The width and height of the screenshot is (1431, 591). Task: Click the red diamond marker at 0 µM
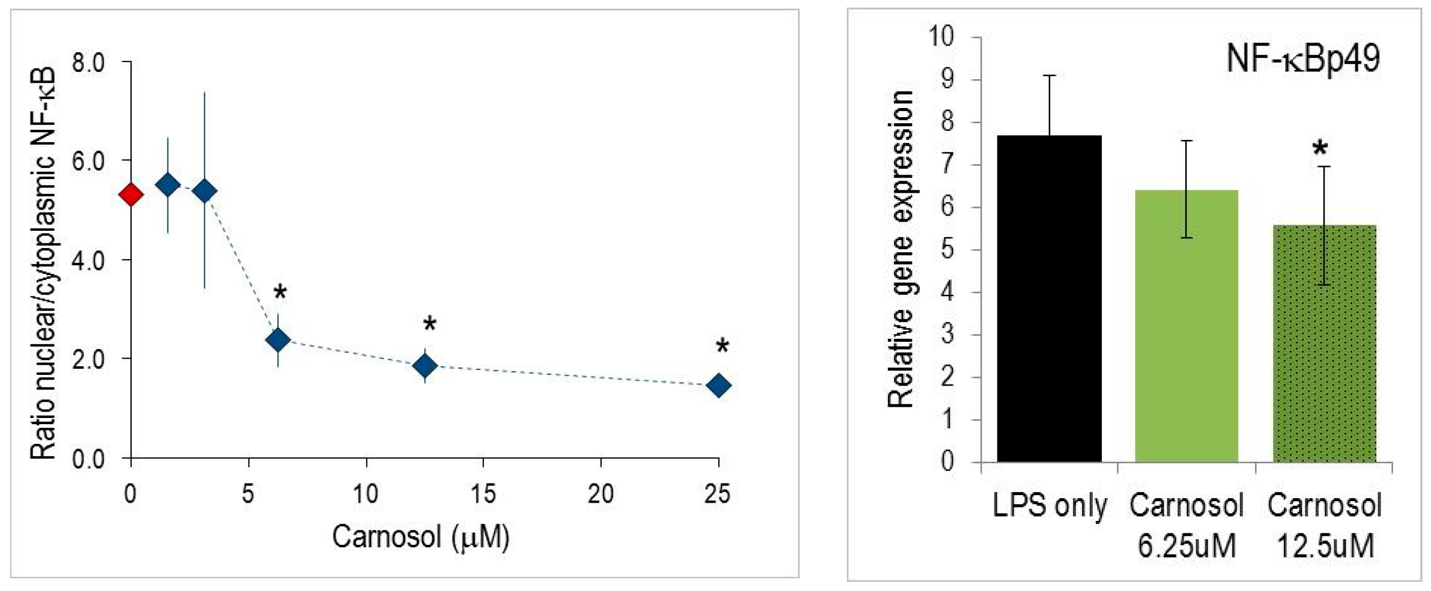131,195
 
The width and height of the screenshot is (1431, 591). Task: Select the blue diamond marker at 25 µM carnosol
719,385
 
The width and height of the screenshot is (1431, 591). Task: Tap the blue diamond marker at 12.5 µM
425,366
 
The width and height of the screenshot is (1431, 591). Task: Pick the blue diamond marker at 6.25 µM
278,340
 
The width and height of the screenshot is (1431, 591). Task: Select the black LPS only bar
1049,300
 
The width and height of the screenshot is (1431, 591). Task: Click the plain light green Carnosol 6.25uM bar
1186,328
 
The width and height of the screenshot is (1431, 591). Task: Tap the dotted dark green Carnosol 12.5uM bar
1325,344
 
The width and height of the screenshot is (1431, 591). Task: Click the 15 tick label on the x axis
483,493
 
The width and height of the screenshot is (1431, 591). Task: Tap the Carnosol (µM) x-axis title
420,538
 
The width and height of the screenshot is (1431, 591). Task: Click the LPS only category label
1049,506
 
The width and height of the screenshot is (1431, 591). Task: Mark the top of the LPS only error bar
1049,75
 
